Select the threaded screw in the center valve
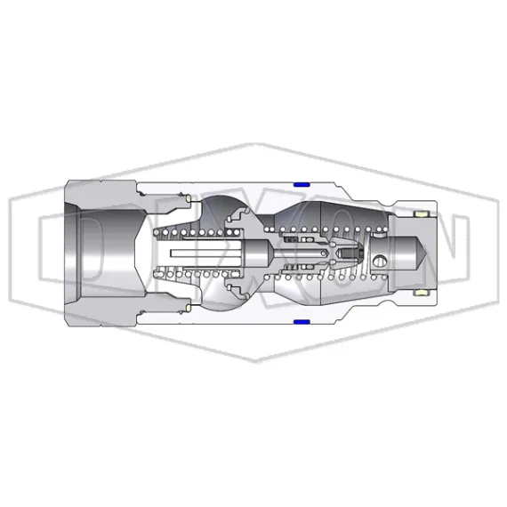pyautogui.click(x=351, y=253)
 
